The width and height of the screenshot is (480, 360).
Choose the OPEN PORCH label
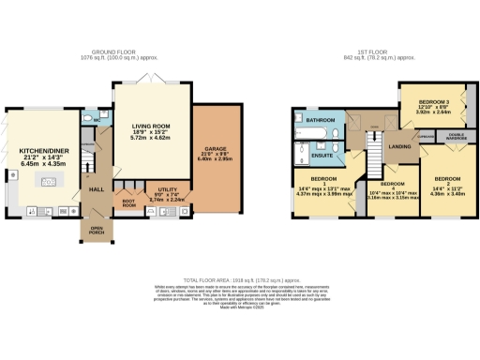pos(97,230)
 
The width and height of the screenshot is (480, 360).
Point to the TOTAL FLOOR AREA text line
pos(239,279)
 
